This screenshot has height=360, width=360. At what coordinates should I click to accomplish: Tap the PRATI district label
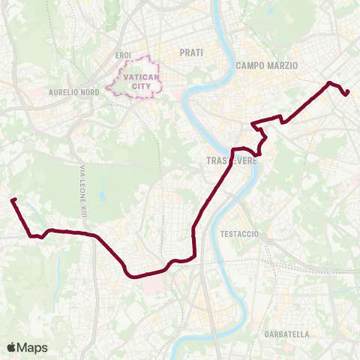pyautogui.click(x=191, y=52)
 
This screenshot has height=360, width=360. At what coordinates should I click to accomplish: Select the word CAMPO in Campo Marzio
pyautogui.click(x=251, y=66)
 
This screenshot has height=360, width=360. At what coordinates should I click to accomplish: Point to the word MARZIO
pyautogui.click(x=283, y=66)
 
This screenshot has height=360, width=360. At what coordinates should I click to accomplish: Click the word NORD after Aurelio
pyautogui.click(x=91, y=92)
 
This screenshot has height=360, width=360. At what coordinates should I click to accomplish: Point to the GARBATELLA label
pyautogui.click(x=286, y=333)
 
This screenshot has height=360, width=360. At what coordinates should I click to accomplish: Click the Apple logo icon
pyautogui.click(x=12, y=346)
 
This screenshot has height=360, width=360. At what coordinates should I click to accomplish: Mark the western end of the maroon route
pyautogui.click(x=13, y=199)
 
